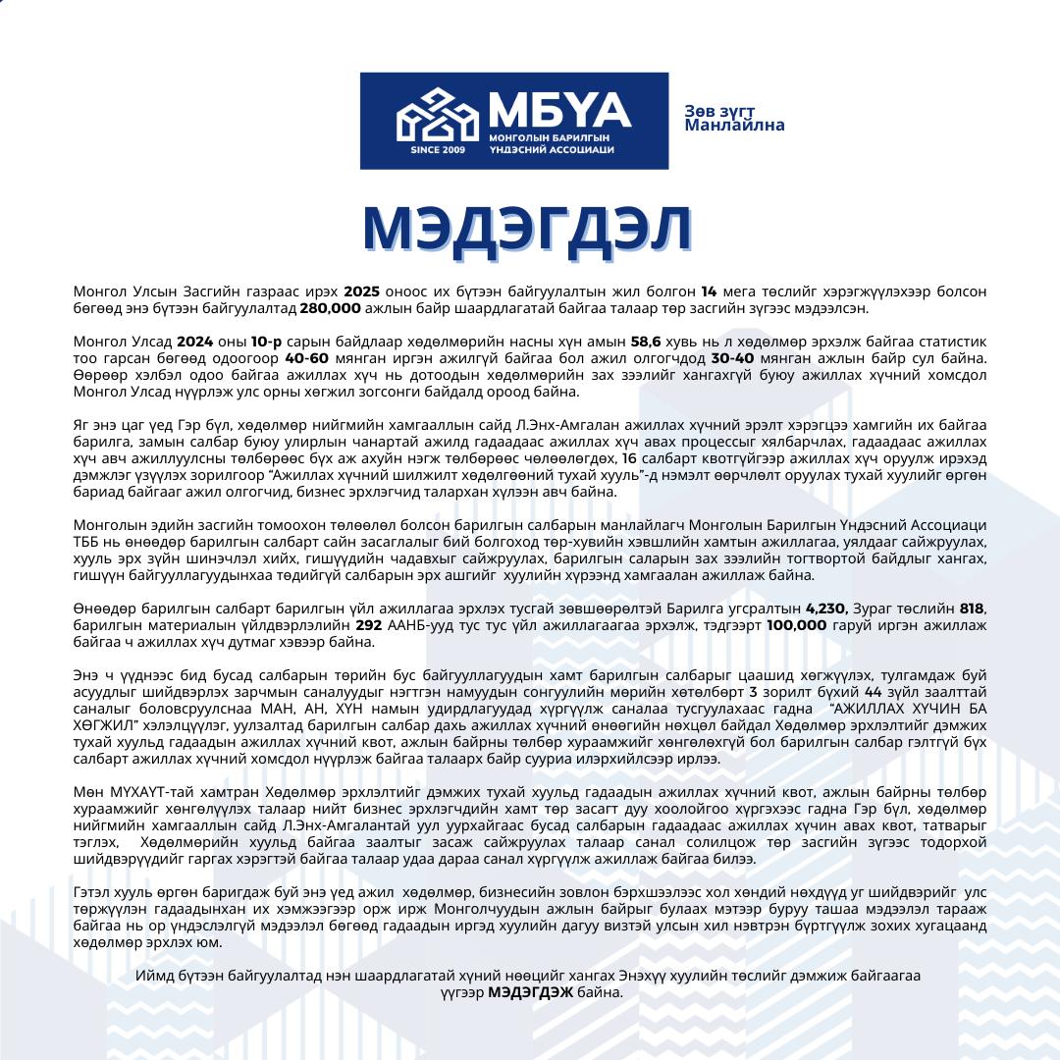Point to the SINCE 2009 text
point(438,150)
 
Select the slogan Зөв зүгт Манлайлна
point(735,119)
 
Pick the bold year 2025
point(362,292)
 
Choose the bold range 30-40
point(733,358)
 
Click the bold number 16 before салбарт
point(630,457)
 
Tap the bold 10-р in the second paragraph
point(266,342)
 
